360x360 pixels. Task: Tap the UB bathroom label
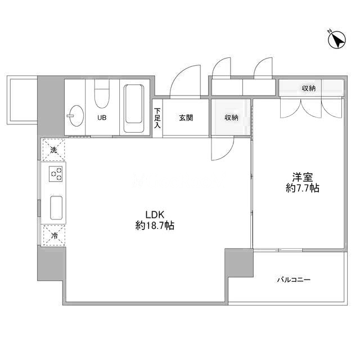[x=102, y=118]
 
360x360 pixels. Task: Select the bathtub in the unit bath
[x=134, y=109]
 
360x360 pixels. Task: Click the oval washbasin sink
[x=76, y=116]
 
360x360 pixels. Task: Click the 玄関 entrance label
[x=186, y=118]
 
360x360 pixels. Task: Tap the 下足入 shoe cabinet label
[x=157, y=118]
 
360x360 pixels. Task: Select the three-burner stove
[x=56, y=174]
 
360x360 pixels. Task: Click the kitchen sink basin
[x=56, y=208]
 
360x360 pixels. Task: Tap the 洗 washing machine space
[x=53, y=150]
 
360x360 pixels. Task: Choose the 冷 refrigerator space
[x=54, y=236]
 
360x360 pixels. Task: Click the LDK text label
[x=155, y=215]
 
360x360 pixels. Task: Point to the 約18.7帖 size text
[x=155, y=226]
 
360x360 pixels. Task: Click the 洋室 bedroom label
[x=303, y=178]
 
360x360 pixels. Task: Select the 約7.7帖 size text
[x=303, y=188]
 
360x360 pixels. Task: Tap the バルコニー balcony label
[x=294, y=280]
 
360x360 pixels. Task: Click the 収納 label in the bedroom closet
[x=309, y=88]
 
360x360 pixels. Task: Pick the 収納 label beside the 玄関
[x=231, y=118]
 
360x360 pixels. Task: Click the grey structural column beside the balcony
[x=239, y=263]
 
